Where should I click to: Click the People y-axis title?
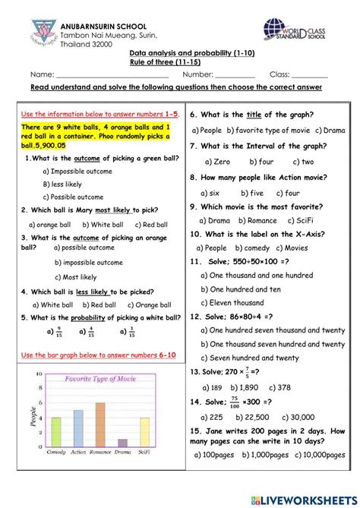click(31, 416)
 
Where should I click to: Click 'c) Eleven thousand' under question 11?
click(236, 302)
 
